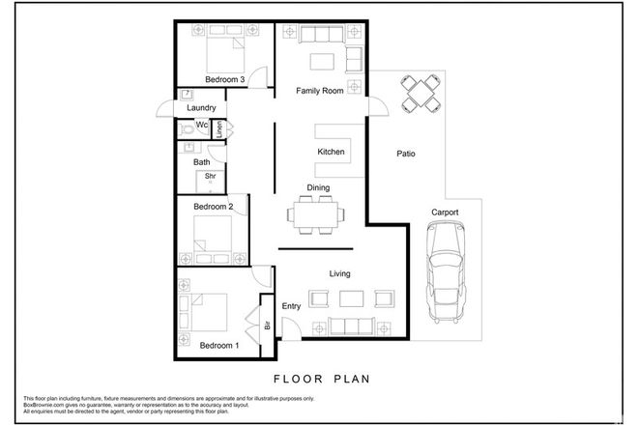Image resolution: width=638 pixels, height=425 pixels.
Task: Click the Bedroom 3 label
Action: (x=224, y=80)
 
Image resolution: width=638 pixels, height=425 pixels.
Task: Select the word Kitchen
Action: (x=332, y=153)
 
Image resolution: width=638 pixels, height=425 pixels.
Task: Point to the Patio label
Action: (x=407, y=154)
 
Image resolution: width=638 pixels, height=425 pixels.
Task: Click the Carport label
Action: (x=445, y=212)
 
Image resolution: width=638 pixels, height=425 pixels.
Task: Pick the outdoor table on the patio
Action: (x=420, y=93)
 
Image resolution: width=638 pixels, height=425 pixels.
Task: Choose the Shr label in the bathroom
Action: (x=208, y=177)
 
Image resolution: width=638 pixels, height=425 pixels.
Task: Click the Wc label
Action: (x=202, y=126)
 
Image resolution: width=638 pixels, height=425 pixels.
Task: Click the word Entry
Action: (x=292, y=306)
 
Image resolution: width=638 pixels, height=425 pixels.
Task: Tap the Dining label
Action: (x=319, y=188)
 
